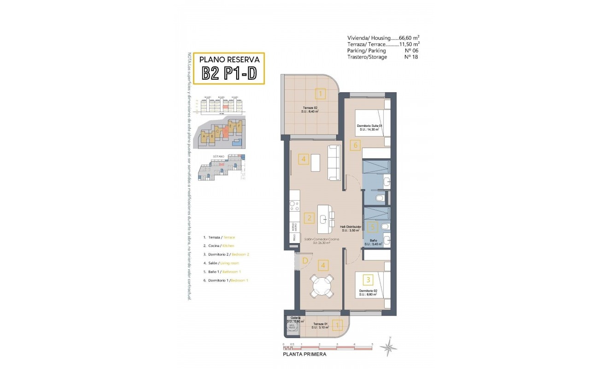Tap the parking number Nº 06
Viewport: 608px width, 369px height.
[x=411, y=51]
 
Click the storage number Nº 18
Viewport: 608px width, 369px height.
[x=411, y=57]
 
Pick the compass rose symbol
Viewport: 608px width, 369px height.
[x=389, y=346]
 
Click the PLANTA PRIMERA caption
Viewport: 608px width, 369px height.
[x=304, y=355]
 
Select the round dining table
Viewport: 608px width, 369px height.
[x=322, y=286]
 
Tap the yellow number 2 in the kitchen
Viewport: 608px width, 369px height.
[x=310, y=219]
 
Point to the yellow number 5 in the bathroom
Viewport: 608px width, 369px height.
[x=373, y=226]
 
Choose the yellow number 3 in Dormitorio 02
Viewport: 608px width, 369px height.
[x=367, y=279]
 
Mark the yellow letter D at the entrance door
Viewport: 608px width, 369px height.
[x=305, y=261]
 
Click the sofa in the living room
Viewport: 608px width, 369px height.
[x=333, y=162]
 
